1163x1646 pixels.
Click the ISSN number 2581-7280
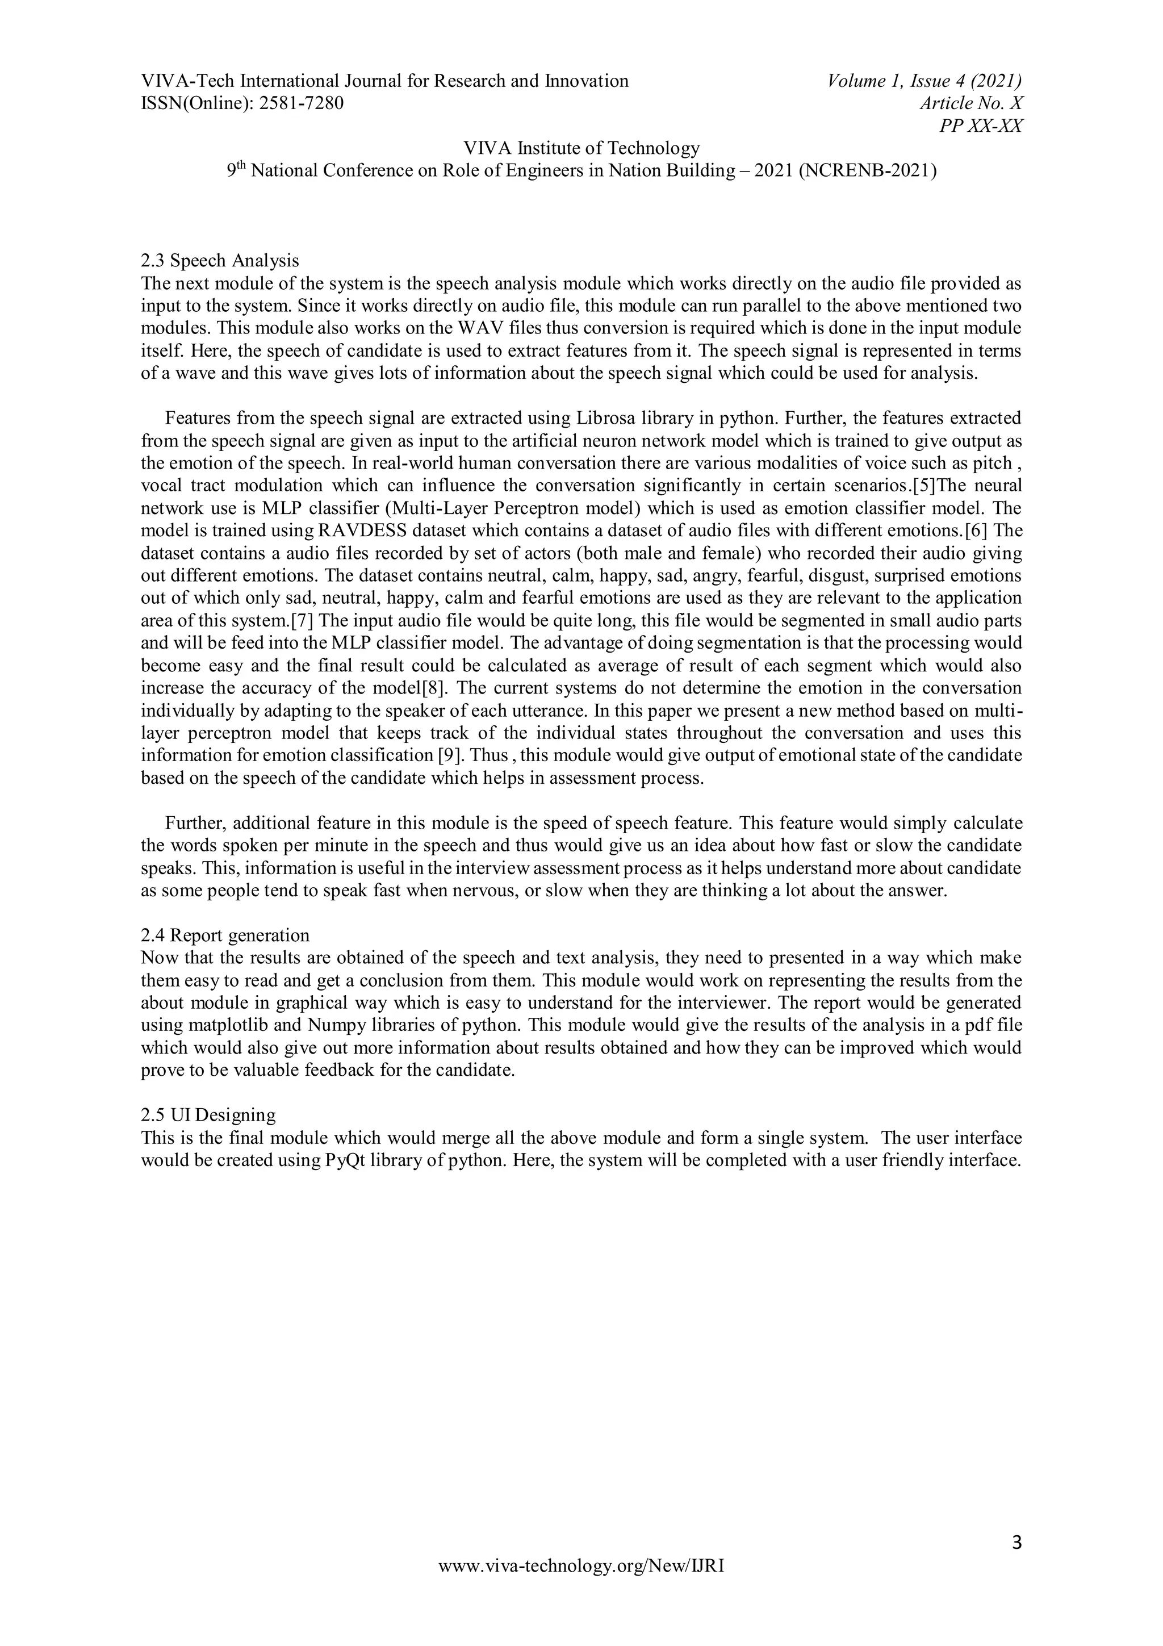coord(301,103)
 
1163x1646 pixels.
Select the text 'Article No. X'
coord(971,103)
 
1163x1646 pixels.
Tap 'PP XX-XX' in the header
coord(980,126)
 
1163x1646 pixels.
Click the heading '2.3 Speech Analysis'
coord(220,260)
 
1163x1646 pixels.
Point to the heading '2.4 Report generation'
coord(225,935)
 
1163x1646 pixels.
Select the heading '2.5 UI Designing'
coord(208,1115)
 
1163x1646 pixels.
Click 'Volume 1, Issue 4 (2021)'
coord(924,81)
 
